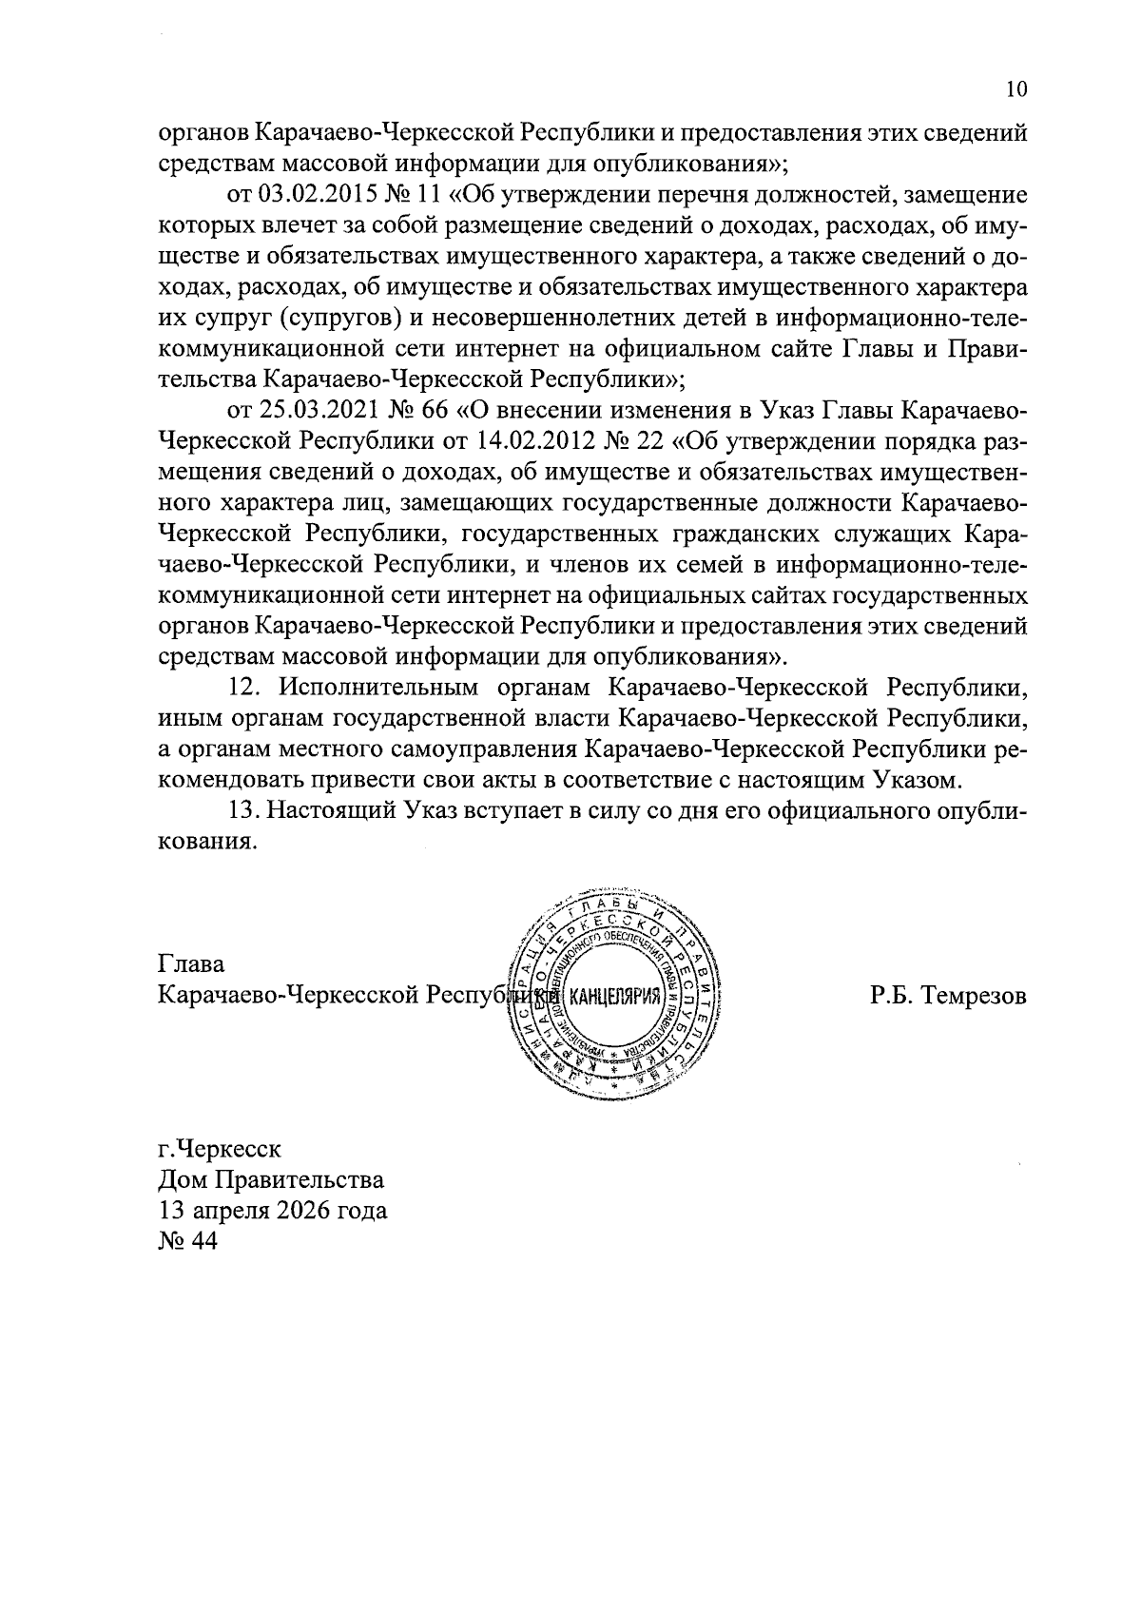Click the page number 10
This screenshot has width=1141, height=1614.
click(x=1015, y=90)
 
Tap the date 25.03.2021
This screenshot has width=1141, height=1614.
click(x=307, y=411)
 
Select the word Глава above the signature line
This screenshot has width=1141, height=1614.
click(x=191, y=964)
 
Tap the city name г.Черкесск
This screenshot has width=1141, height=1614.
click(x=220, y=1148)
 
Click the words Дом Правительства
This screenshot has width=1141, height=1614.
click(x=271, y=1180)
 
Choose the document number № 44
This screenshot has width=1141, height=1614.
click(x=188, y=1243)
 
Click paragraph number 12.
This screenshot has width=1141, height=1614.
click(x=245, y=688)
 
